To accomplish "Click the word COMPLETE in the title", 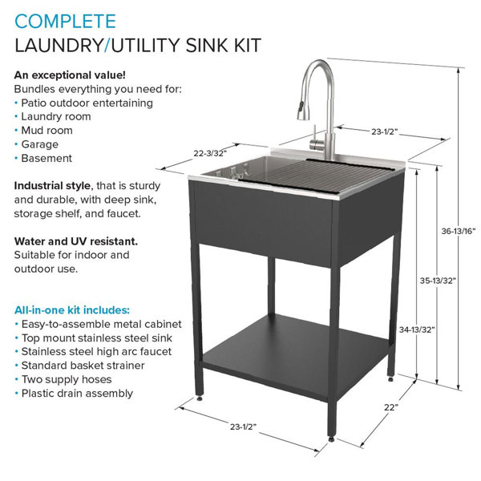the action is pos(65,22).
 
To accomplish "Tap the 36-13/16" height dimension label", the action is pos(459,232).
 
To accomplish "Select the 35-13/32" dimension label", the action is pos(438,281).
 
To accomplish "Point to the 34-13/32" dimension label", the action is pos(417,329).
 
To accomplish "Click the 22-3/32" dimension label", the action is pos(210,153).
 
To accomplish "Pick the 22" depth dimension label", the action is pos(391,407).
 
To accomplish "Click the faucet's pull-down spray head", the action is pos(302,111).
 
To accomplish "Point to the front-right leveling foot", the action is pos(331,439).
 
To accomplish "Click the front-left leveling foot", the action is pos(200,398).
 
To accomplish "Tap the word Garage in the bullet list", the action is pos(39,144).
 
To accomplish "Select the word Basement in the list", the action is pos(46,158).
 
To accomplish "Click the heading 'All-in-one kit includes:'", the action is pos(72,310).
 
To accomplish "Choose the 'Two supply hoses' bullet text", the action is pos(67,379).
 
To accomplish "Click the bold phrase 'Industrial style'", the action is pos(52,186).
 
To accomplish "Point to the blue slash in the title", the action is pos(107,46).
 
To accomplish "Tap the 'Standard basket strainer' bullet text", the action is pos(83,366).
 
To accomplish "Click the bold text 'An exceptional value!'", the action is pos(70,75).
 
